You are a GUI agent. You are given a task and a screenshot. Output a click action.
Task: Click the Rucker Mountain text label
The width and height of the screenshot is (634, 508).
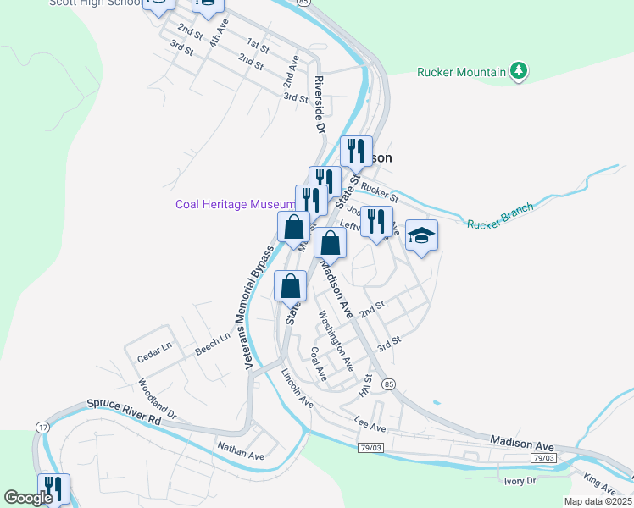461,72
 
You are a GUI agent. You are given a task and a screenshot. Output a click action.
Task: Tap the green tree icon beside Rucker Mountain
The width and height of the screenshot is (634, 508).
520,71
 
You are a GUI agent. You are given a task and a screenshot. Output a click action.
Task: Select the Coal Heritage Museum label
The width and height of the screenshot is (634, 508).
236,204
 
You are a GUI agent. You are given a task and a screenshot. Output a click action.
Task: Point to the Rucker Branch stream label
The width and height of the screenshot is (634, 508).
501,216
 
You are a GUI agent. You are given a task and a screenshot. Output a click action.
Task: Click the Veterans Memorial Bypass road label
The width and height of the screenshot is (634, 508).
259,307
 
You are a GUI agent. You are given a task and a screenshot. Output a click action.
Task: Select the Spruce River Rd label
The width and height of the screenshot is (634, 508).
123,412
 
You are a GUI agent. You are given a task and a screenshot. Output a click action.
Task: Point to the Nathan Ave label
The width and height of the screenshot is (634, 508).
241,449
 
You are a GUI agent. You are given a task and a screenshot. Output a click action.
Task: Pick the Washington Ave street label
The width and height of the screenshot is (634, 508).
336,341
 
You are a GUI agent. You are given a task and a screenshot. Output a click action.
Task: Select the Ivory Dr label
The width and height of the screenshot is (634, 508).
520,480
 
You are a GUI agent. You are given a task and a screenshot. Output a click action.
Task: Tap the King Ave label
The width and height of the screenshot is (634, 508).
600,484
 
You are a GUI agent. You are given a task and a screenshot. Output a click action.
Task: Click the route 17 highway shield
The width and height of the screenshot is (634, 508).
42,428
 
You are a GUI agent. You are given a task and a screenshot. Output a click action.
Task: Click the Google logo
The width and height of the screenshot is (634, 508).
28,498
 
